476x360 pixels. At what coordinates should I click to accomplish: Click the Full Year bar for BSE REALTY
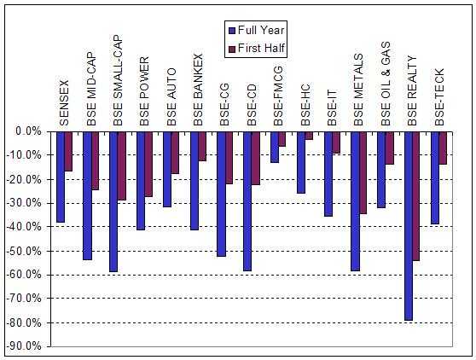pyautogui.click(x=409, y=226)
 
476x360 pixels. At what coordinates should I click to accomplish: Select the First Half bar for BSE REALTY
pyautogui.click(x=416, y=196)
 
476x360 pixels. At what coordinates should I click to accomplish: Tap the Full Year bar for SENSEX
pyautogui.click(x=60, y=177)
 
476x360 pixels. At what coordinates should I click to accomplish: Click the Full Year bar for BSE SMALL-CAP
pyautogui.click(x=113, y=201)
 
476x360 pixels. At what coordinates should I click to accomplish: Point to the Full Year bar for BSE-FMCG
pyautogui.click(x=274, y=147)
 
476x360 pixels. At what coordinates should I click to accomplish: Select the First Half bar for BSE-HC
pyautogui.click(x=309, y=136)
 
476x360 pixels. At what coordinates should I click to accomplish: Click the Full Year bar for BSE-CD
pyautogui.click(x=247, y=200)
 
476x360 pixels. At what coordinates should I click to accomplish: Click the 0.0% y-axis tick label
pyautogui.click(x=29, y=131)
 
